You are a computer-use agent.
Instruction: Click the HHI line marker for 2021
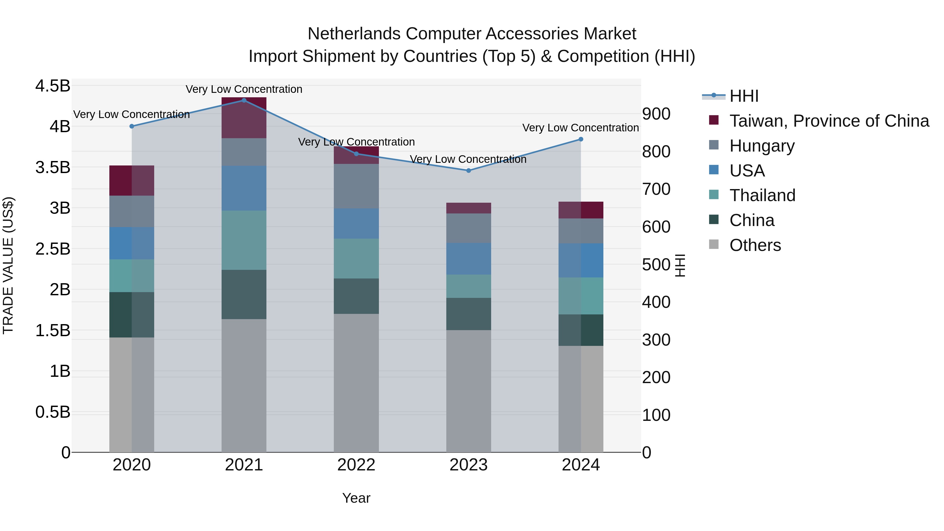click(244, 100)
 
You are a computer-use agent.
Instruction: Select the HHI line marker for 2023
click(468, 170)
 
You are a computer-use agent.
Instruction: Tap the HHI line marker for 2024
click(581, 139)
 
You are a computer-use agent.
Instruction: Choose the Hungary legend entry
click(761, 146)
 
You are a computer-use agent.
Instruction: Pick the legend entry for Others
click(755, 245)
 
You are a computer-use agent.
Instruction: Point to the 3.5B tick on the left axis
click(53, 168)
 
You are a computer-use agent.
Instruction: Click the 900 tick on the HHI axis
click(656, 114)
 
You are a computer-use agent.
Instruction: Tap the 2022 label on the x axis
click(356, 465)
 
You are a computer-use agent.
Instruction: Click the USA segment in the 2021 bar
click(244, 188)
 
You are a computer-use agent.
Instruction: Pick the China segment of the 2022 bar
click(356, 296)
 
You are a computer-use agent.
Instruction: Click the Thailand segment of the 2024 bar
click(581, 296)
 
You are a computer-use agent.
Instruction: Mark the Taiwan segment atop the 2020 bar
click(132, 180)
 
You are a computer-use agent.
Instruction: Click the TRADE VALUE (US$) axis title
click(8, 265)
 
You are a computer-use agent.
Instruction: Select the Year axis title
click(356, 498)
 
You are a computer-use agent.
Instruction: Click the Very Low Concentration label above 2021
click(244, 89)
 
